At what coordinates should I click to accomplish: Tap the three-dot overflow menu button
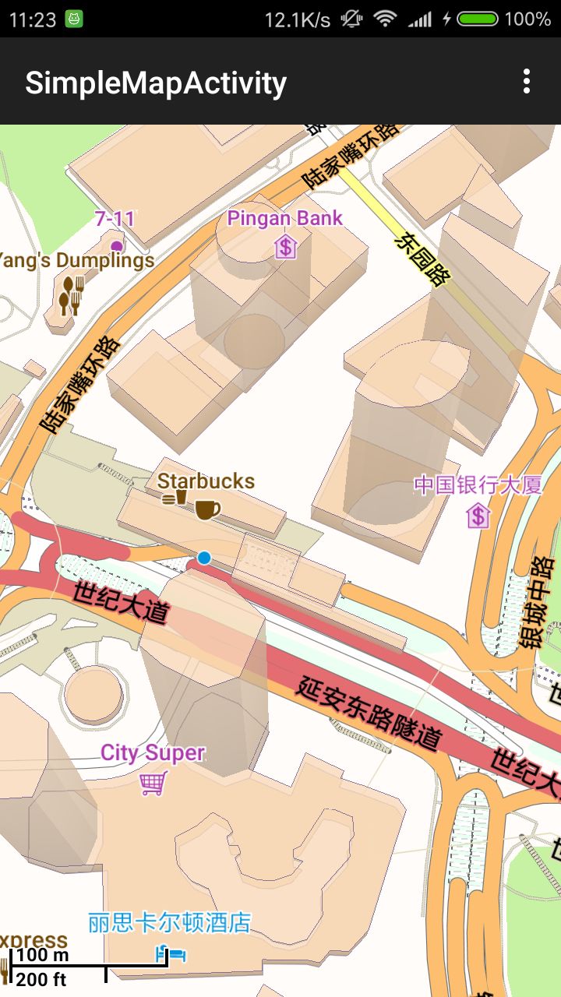tap(527, 81)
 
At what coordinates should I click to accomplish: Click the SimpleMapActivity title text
tap(156, 83)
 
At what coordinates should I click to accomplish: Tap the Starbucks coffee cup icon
tap(206, 509)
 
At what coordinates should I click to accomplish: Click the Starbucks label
tap(206, 481)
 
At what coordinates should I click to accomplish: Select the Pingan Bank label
tap(284, 218)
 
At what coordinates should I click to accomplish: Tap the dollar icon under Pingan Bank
tap(286, 248)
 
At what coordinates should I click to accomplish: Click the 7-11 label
tap(115, 219)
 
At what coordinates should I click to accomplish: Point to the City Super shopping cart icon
tap(153, 783)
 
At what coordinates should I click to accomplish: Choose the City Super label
tap(153, 753)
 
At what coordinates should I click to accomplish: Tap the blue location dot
tap(204, 558)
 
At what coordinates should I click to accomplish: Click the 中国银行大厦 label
tap(478, 485)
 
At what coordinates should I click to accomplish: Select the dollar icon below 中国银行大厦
tap(478, 515)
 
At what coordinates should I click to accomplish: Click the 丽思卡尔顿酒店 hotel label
tap(169, 923)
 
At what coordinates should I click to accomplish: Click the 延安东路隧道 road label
tap(369, 713)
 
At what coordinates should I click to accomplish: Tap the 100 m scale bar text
tap(42, 955)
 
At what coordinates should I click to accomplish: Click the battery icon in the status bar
tap(478, 19)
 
